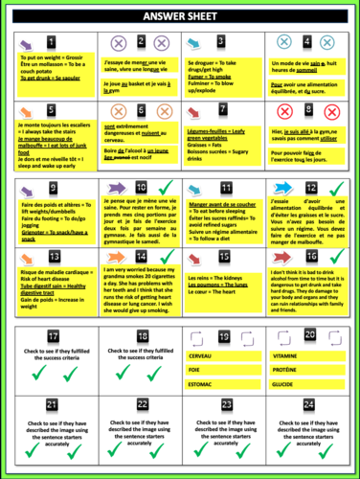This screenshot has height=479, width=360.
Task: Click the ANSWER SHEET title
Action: [x=180, y=17]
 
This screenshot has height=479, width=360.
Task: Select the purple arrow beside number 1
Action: [x=21, y=43]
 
